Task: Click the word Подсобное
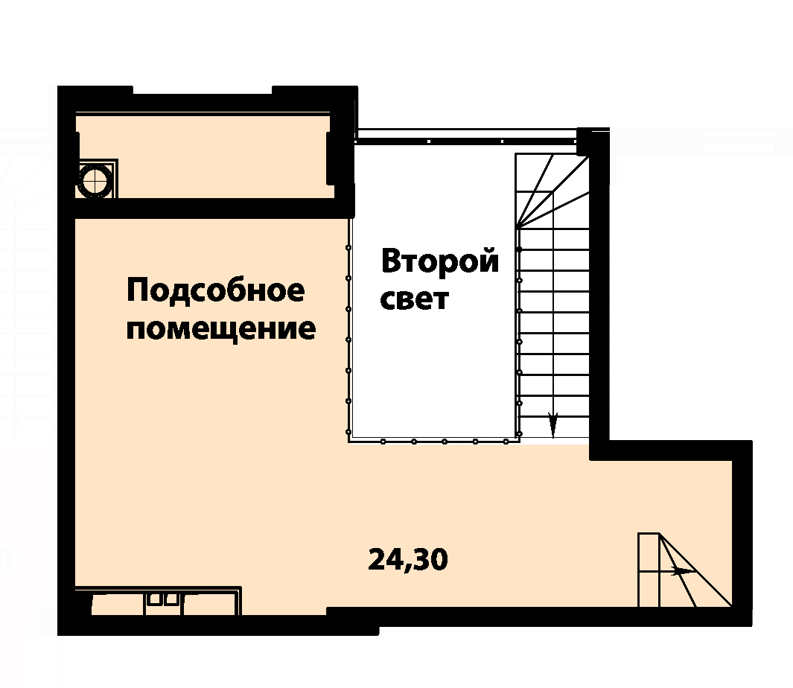click(216, 291)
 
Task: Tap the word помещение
click(221, 330)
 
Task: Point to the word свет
click(414, 299)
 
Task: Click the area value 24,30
click(408, 560)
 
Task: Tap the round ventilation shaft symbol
click(95, 179)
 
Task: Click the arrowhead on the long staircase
click(552, 424)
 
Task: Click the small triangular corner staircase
click(685, 570)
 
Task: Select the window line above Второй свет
click(466, 136)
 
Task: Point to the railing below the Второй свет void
click(434, 441)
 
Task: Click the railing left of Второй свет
click(349, 330)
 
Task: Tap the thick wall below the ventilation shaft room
click(205, 208)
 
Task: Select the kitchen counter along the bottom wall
click(158, 601)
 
